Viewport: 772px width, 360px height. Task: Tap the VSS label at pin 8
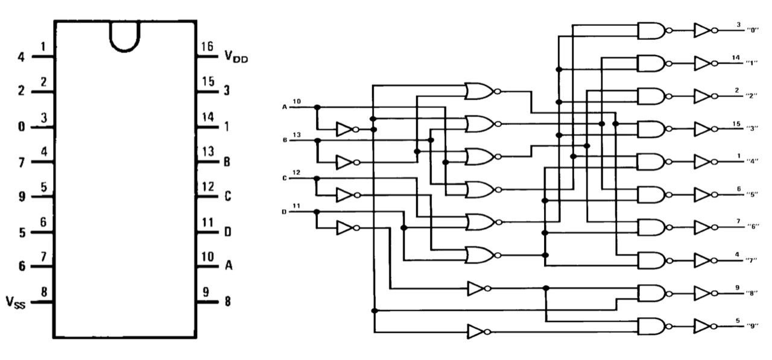(x=16, y=302)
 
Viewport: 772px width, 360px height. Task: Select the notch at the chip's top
(x=124, y=36)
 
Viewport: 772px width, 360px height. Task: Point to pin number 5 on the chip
(x=43, y=187)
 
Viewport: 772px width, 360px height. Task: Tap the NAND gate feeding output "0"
(x=652, y=30)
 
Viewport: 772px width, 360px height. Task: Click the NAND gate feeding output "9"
(x=652, y=326)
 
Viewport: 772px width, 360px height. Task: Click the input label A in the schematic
(x=285, y=107)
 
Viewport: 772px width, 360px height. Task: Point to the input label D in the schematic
(x=285, y=212)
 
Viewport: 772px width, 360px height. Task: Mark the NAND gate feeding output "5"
(x=652, y=194)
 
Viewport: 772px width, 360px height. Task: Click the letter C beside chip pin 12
(x=227, y=197)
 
